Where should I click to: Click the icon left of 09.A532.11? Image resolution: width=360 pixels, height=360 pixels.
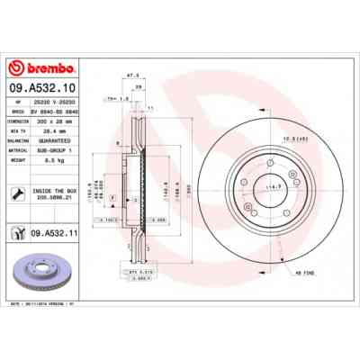tap(19, 233)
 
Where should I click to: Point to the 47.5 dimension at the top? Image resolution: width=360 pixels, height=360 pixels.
tap(131, 76)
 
